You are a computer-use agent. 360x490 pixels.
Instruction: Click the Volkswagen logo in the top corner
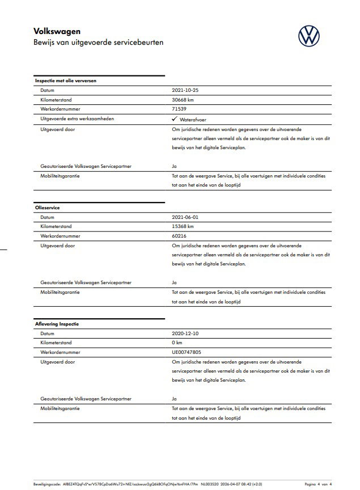[x=309, y=36]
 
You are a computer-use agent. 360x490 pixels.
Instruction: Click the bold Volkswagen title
[x=57, y=32]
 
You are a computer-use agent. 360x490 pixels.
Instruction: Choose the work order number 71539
[x=179, y=109]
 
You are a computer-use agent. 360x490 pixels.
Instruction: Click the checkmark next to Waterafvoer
[x=174, y=119]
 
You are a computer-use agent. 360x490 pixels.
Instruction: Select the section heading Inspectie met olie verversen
[x=66, y=81]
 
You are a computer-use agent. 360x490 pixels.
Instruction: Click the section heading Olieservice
[x=48, y=208]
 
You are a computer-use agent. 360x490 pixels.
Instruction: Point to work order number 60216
[x=179, y=236]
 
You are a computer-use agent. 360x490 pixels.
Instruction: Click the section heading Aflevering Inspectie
[x=57, y=324]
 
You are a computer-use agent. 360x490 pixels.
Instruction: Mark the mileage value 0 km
[x=177, y=343]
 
